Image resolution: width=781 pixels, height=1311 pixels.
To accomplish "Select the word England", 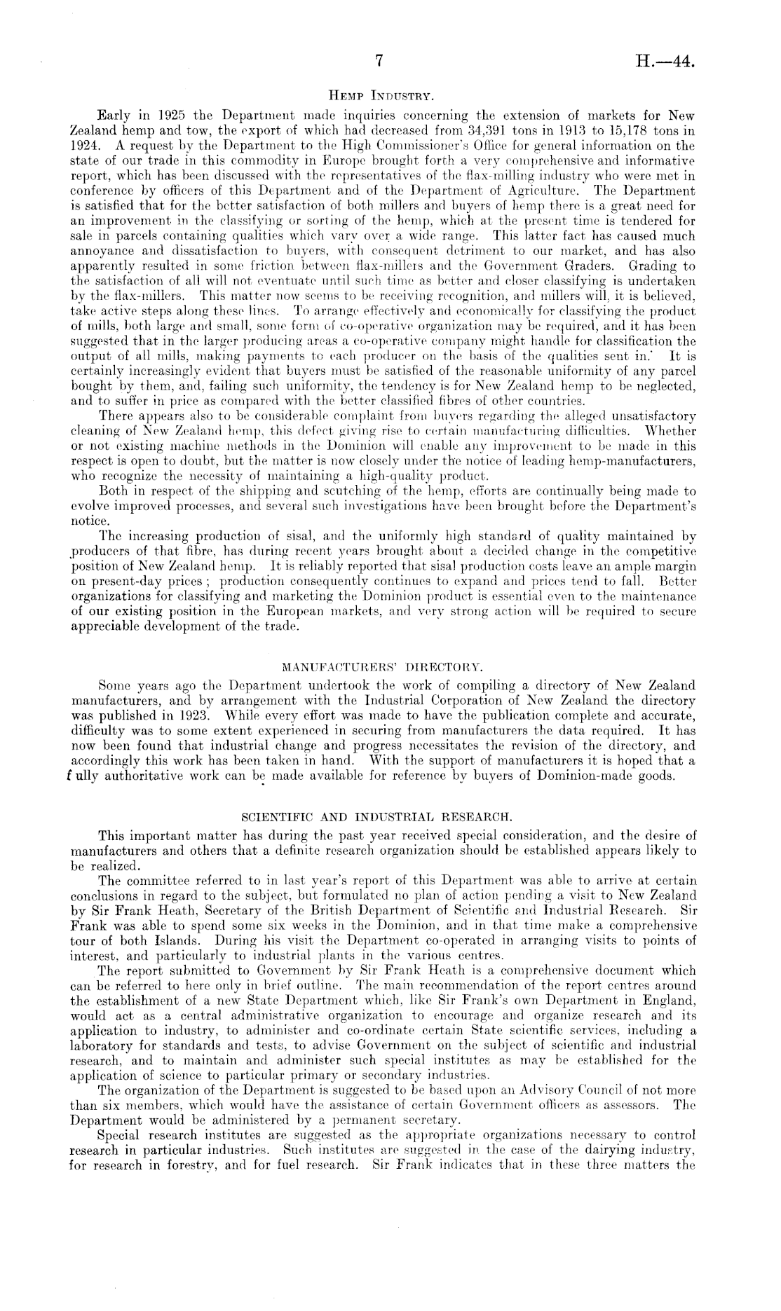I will (670, 1001).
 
